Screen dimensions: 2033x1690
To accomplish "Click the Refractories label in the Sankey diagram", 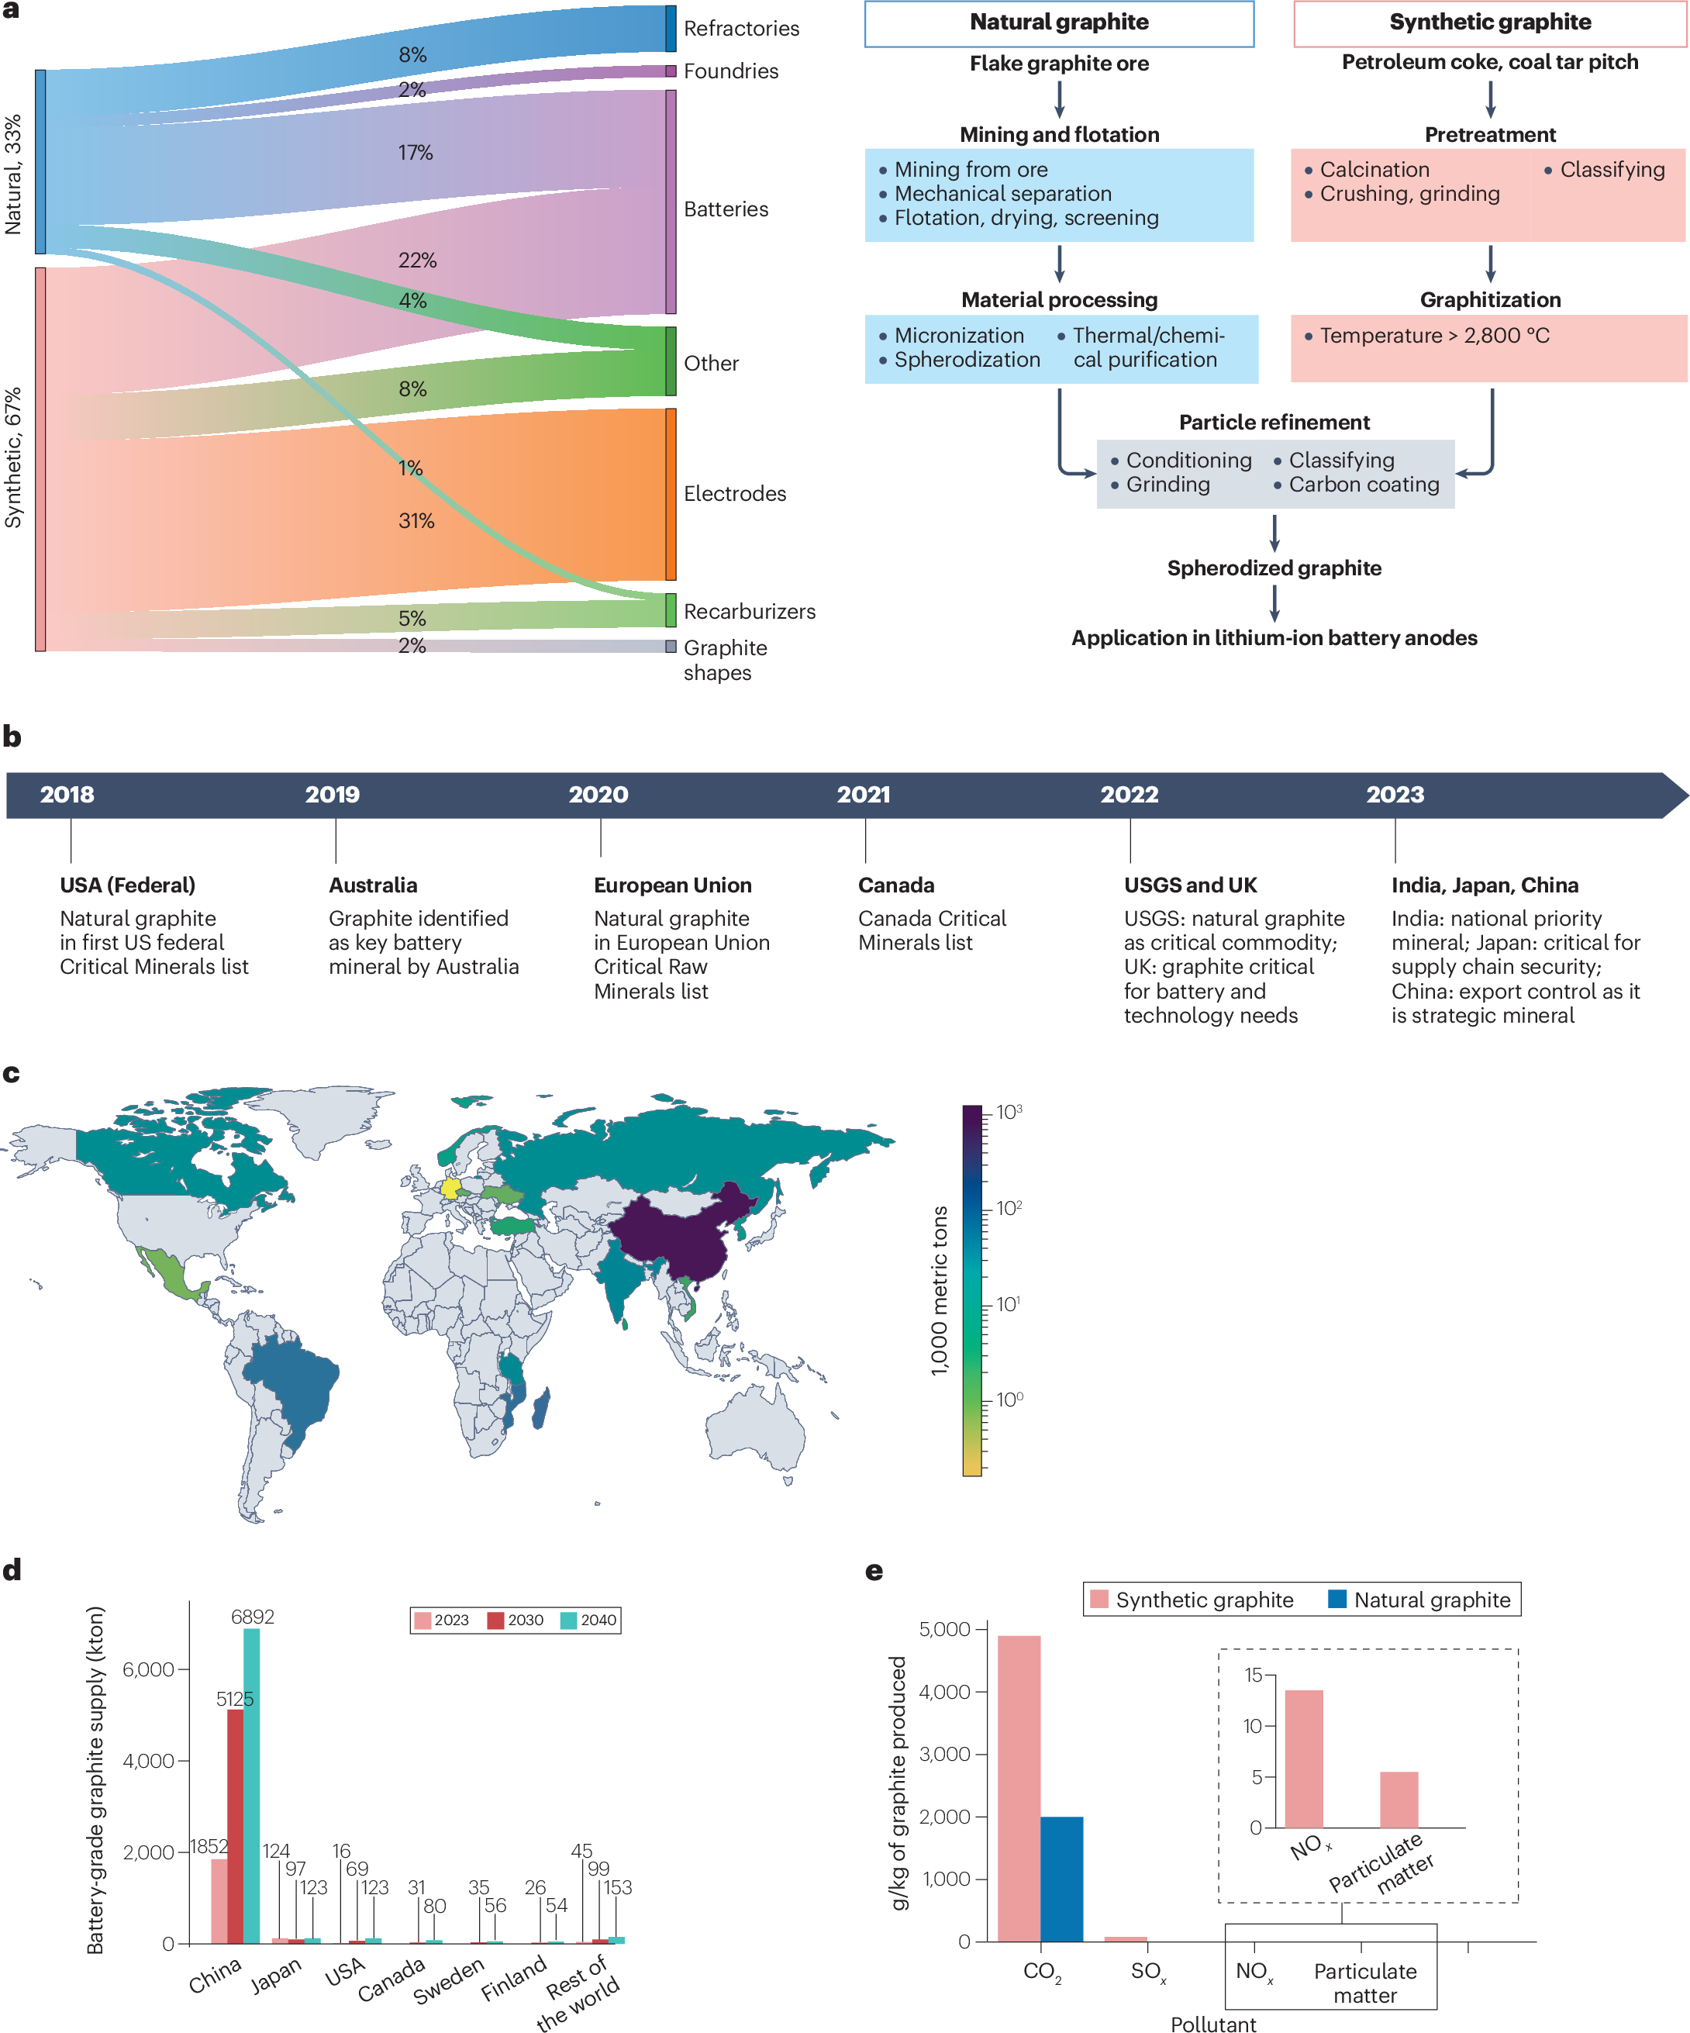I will coord(740,28).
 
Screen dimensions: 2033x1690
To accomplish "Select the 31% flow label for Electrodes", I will coord(416,521).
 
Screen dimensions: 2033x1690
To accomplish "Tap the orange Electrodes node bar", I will coord(670,494).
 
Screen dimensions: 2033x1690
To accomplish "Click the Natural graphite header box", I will coord(1058,23).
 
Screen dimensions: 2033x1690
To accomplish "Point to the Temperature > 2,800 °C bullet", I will coord(1433,336).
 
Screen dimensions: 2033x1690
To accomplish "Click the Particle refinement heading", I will coord(1273,422).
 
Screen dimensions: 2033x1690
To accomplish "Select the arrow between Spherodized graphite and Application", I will coord(1274,602).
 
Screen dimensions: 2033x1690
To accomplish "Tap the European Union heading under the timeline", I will coord(672,885).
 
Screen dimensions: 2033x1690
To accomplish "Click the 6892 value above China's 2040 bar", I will coord(252,1617).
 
